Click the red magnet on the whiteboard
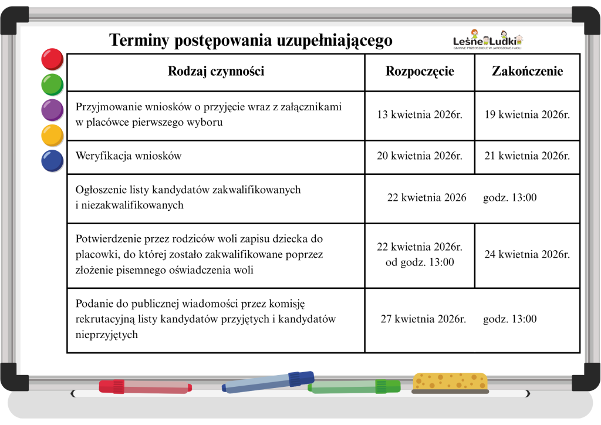click(52, 59)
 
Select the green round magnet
click(52, 84)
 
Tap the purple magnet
click(52, 110)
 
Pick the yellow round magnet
click(52, 135)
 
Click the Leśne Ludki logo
click(487, 40)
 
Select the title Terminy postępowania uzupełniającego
click(251, 41)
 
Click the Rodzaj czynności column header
click(216, 72)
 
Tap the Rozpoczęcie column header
click(420, 72)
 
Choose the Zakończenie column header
click(527, 72)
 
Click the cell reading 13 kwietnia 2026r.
click(420, 115)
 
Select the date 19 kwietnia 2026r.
click(527, 115)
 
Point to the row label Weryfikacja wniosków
click(129, 156)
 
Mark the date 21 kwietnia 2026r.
click(527, 156)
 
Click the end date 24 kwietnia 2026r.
click(527, 255)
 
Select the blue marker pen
click(268, 382)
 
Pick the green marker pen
click(354, 387)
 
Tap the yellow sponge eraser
click(450, 382)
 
